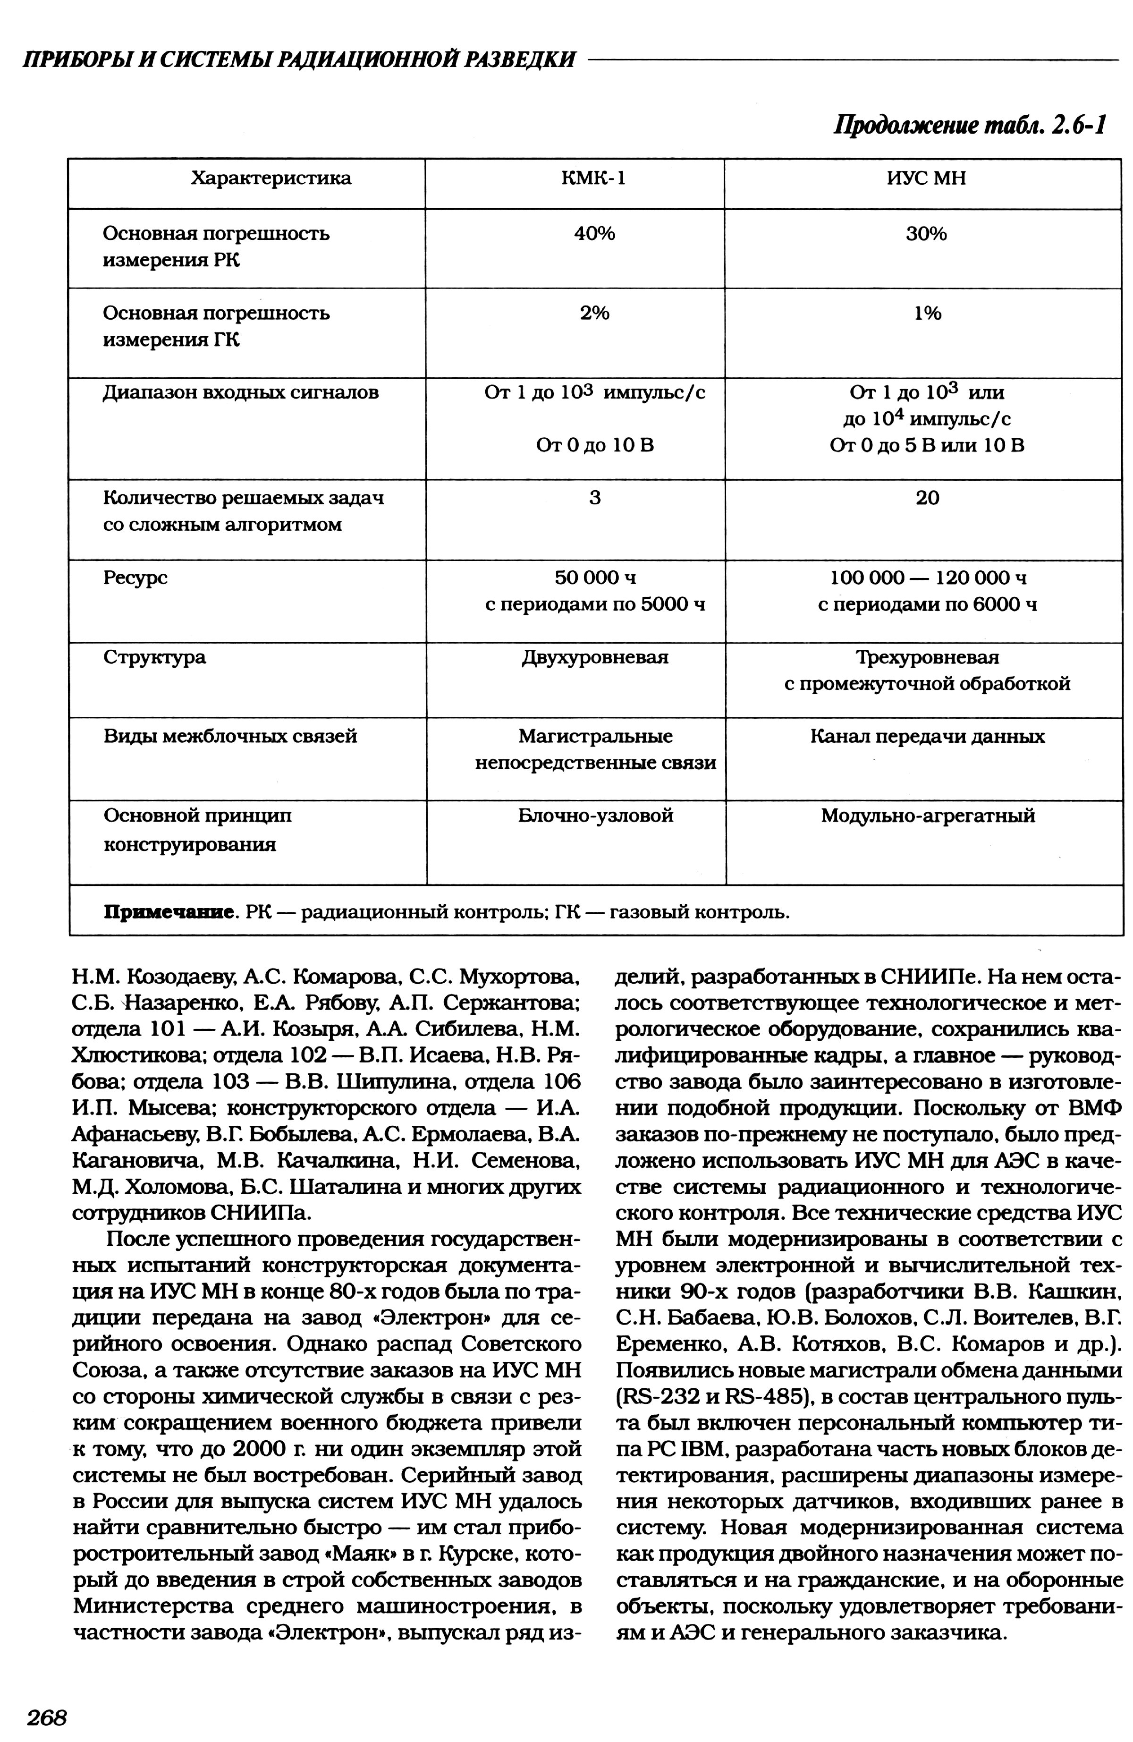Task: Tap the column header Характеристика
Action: [x=271, y=178]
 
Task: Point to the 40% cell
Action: [x=594, y=233]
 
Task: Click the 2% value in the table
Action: [x=594, y=313]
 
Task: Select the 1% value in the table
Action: [x=927, y=313]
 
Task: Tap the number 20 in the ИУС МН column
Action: [x=927, y=498]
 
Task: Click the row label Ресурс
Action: [x=135, y=578]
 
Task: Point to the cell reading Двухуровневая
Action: [x=595, y=657]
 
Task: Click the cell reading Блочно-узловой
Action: [x=595, y=816]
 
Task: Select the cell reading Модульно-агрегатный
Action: [x=927, y=816]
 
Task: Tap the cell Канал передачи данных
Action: [x=927, y=736]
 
